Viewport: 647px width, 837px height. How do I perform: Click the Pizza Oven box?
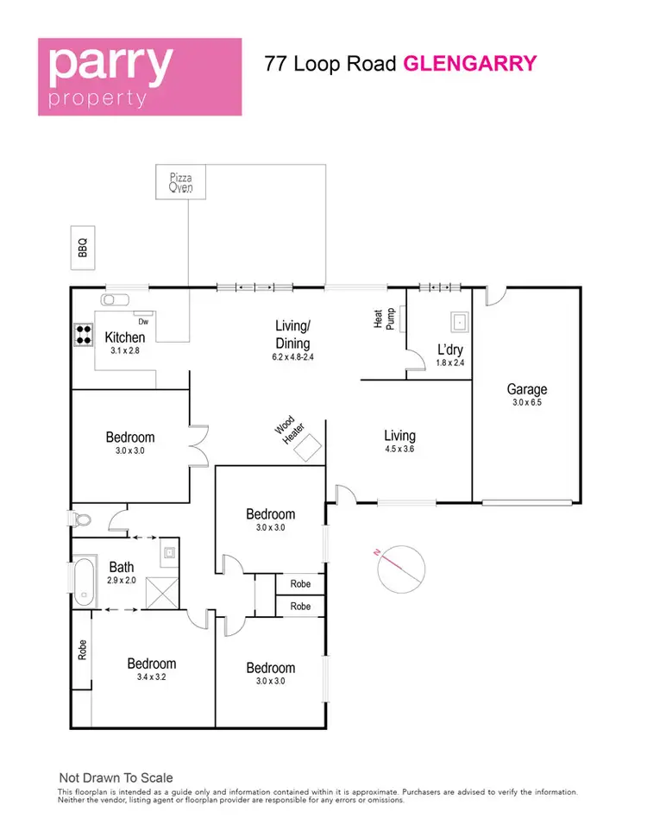pyautogui.click(x=181, y=182)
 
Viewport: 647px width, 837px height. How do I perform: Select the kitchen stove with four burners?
pyautogui.click(x=83, y=334)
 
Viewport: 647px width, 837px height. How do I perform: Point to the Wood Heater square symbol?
pyautogui.click(x=310, y=444)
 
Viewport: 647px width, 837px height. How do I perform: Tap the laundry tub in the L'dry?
pyautogui.click(x=460, y=324)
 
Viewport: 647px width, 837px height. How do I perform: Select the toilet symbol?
pyautogui.click(x=82, y=520)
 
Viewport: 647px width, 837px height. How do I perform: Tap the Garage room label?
pyautogui.click(x=526, y=389)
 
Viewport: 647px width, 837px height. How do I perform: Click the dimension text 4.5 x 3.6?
pyautogui.click(x=400, y=449)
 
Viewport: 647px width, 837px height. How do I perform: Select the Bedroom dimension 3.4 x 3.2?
pyautogui.click(x=152, y=677)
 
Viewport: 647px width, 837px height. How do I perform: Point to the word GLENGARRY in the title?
pyautogui.click(x=470, y=63)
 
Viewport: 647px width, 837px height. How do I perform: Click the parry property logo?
pyautogui.click(x=140, y=77)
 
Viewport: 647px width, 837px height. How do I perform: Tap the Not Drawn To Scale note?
pyautogui.click(x=116, y=777)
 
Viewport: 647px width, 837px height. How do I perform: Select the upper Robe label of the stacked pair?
pyautogui.click(x=300, y=584)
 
